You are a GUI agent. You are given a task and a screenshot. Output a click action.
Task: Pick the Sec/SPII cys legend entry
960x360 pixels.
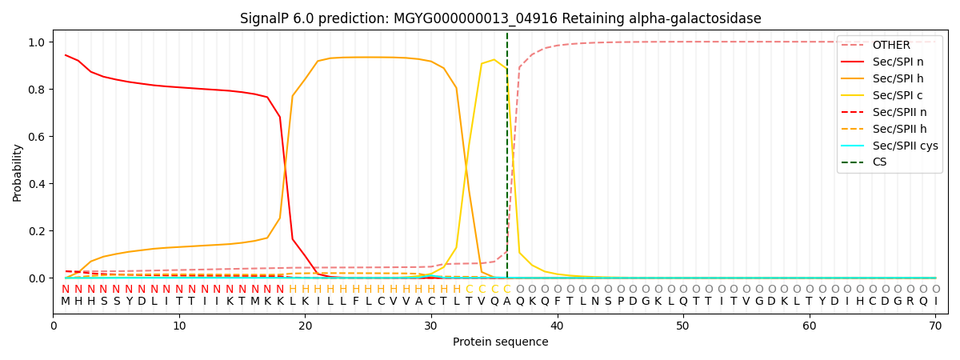[890, 146]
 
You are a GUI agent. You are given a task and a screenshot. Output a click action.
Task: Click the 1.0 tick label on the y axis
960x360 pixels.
[37, 42]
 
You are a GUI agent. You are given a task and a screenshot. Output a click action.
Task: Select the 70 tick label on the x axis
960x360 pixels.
[935, 326]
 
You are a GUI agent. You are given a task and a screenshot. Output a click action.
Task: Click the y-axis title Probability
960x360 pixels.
[17, 173]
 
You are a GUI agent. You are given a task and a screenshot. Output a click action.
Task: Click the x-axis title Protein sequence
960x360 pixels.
[501, 342]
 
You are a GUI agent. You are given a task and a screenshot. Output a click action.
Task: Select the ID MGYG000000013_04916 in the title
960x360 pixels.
[475, 19]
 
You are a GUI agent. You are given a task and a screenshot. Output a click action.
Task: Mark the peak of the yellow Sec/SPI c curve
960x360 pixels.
[494, 59]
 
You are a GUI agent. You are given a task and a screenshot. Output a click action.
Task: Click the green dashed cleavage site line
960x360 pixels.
[507, 155]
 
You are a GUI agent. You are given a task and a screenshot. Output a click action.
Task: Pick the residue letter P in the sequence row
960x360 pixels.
[620, 302]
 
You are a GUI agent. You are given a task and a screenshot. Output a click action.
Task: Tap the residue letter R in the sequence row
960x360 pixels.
[910, 302]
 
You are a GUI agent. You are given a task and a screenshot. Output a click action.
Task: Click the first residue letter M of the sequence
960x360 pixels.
[65, 302]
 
